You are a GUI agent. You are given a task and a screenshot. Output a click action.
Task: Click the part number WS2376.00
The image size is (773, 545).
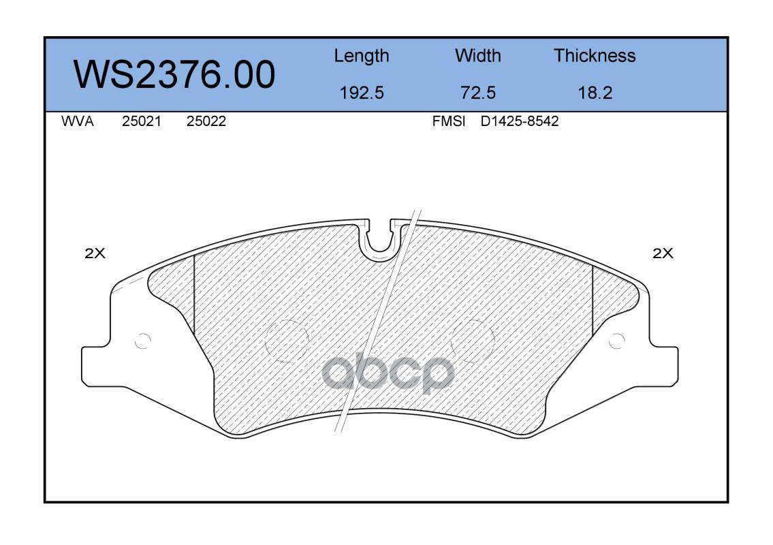[x=174, y=74]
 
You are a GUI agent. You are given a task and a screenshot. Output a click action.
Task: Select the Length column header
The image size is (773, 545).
[x=362, y=57]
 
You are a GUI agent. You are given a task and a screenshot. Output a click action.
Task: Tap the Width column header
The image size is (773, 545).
[x=477, y=55]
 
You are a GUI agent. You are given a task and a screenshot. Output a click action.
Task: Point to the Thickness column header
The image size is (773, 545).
[x=595, y=55]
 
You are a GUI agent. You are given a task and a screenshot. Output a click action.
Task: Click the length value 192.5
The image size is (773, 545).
[x=362, y=93]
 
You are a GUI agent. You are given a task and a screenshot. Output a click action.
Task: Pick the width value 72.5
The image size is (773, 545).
[x=477, y=93]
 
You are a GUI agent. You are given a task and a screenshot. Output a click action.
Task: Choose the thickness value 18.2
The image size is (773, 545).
[x=595, y=93]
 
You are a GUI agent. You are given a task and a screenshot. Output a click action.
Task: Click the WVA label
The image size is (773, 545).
[x=78, y=121]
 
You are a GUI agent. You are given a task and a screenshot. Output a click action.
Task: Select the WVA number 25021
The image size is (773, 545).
[x=142, y=121]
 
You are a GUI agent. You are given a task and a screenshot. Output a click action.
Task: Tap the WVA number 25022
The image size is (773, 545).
[x=206, y=121]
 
